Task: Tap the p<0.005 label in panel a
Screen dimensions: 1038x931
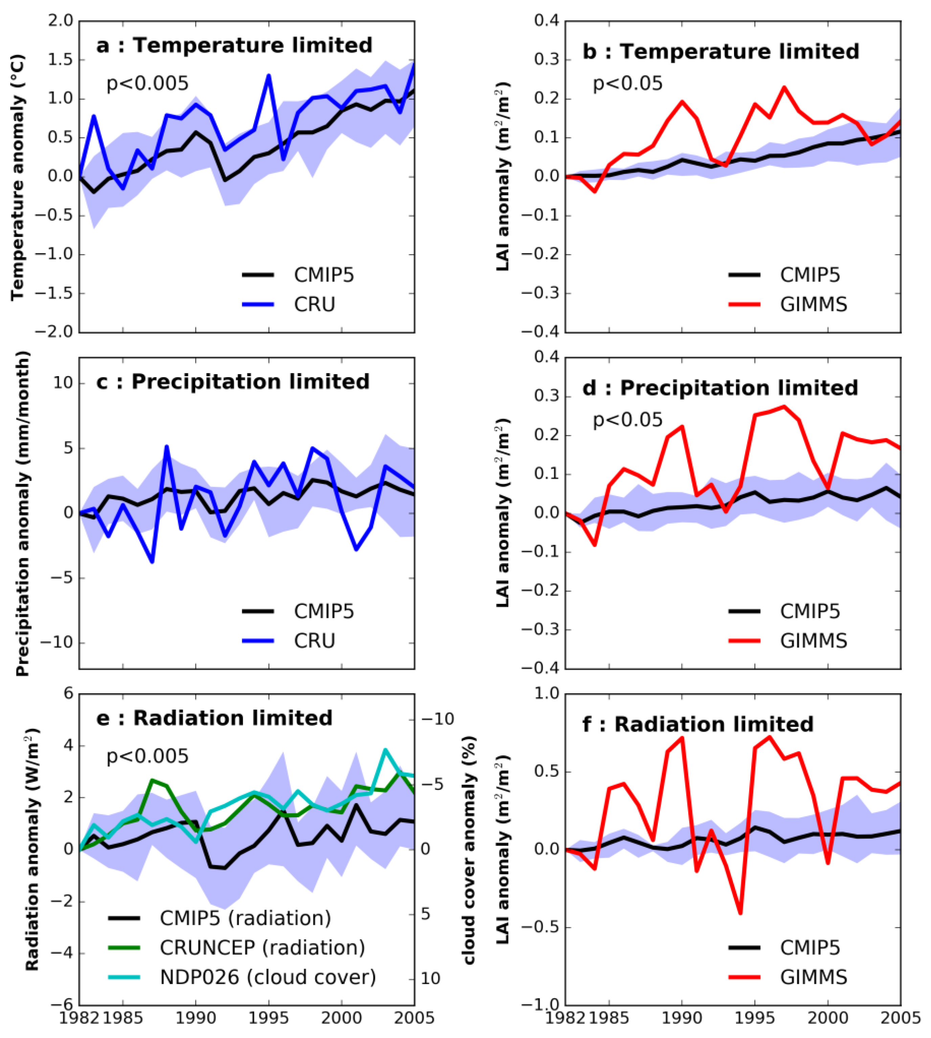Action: coord(147,83)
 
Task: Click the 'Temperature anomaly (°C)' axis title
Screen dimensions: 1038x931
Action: coord(18,177)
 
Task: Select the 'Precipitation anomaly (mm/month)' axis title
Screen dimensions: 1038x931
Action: coord(23,513)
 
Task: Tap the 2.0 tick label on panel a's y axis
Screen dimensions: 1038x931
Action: coord(61,21)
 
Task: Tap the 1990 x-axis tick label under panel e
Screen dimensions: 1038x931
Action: coord(195,1018)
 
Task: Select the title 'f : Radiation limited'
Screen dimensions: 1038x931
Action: coord(698,724)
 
